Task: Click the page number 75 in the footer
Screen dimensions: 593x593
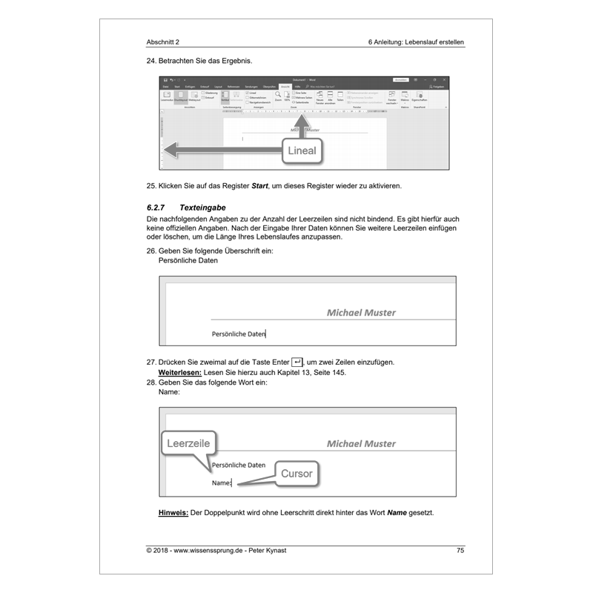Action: tap(460, 550)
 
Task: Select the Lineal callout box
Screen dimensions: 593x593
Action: tap(300, 150)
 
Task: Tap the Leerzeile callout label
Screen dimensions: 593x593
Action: tap(188, 443)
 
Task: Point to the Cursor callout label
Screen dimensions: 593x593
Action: tap(296, 473)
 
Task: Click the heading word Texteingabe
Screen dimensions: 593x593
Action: tap(208, 208)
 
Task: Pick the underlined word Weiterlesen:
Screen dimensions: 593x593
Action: tap(181, 372)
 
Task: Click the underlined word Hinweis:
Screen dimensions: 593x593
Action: tap(173, 513)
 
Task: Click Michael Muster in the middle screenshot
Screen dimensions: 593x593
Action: tap(361, 313)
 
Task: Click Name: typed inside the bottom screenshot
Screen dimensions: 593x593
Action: tap(222, 483)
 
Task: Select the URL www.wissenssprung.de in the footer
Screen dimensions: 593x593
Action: tap(215, 550)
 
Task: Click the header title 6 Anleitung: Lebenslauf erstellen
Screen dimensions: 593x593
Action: tap(416, 42)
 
